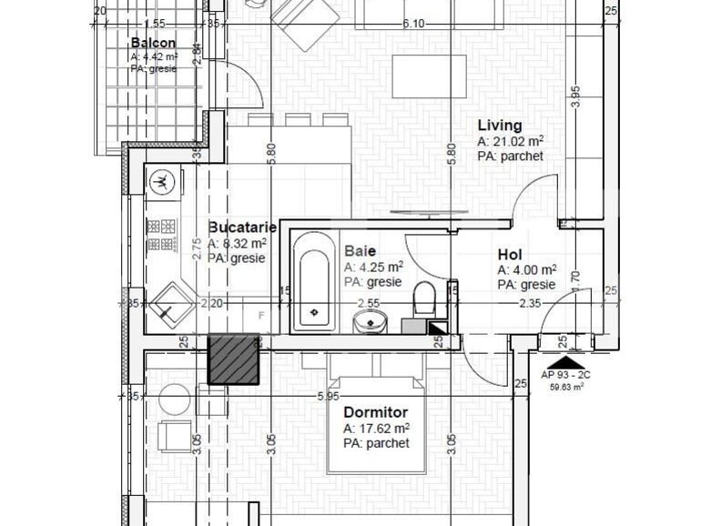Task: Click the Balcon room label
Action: click(x=153, y=43)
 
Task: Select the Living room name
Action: click(x=500, y=126)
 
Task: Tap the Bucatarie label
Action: click(x=239, y=228)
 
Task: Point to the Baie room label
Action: click(x=360, y=251)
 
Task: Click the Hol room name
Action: click(x=509, y=256)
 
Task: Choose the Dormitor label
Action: click(x=375, y=412)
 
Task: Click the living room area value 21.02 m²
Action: click(x=510, y=142)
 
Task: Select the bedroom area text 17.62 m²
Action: click(x=375, y=429)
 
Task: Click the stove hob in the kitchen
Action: click(x=161, y=235)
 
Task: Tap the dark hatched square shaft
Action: click(x=234, y=359)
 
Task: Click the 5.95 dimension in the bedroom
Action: click(x=329, y=396)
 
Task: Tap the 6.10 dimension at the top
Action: click(x=412, y=24)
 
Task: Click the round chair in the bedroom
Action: click(x=174, y=399)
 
